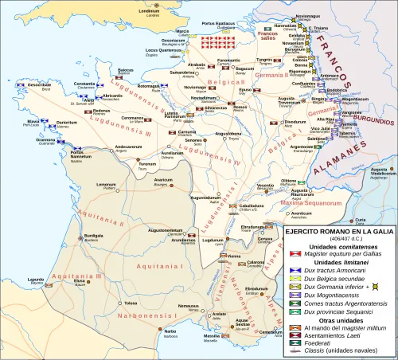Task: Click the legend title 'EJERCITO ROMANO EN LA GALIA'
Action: point(339,231)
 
